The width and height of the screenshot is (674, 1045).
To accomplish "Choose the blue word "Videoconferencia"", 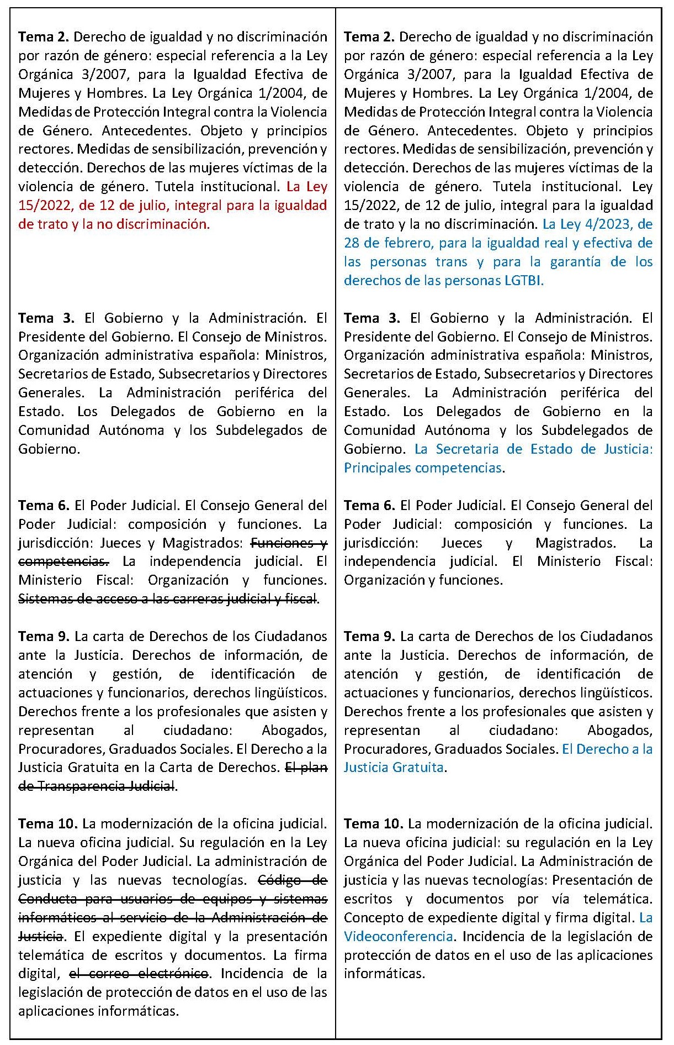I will click(x=398, y=937).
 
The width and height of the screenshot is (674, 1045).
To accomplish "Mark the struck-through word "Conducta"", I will click(x=47, y=899).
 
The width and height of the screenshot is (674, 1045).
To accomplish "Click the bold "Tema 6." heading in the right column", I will click(x=369, y=506).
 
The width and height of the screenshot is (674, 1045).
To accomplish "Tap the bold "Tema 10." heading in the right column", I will click(x=373, y=824).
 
